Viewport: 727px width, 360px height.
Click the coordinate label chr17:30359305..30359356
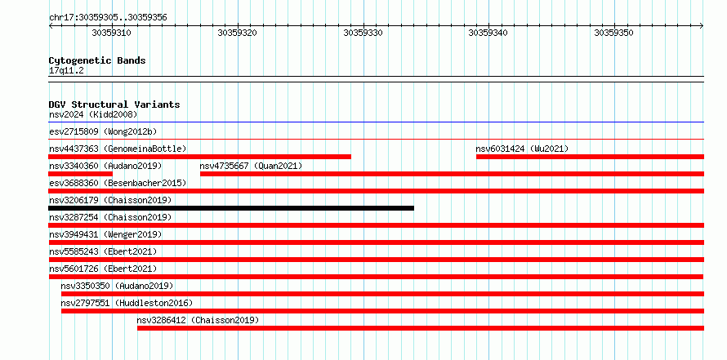click(x=108, y=18)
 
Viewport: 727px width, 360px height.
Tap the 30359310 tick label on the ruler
click(x=111, y=33)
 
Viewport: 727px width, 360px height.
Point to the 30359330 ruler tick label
click(x=363, y=33)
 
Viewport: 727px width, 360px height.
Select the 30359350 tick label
click(x=614, y=33)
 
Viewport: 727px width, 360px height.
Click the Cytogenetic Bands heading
click(x=97, y=60)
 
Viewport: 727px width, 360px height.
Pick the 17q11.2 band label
click(x=66, y=71)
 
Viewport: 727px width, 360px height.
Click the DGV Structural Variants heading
click(x=114, y=104)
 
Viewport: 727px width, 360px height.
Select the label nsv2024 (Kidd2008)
click(x=93, y=114)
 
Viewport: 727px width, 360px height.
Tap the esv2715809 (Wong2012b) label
click(x=103, y=131)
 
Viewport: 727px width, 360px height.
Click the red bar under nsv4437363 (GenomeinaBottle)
click(x=200, y=157)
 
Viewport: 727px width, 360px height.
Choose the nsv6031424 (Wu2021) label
click(x=522, y=149)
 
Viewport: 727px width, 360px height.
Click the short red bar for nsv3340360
click(x=81, y=174)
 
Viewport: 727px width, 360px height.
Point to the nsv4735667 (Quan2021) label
click(x=251, y=166)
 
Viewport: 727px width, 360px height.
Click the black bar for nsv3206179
click(x=231, y=208)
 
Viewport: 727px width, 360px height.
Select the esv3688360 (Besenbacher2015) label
click(x=118, y=183)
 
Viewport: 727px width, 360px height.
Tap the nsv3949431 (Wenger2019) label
click(x=105, y=234)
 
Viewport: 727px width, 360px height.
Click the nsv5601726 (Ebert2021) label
click(x=103, y=269)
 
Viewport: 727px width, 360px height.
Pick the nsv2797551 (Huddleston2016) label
click(x=127, y=303)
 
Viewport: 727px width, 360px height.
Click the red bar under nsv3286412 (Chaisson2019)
click(x=421, y=328)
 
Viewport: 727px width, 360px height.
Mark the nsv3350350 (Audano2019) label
click(x=117, y=286)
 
